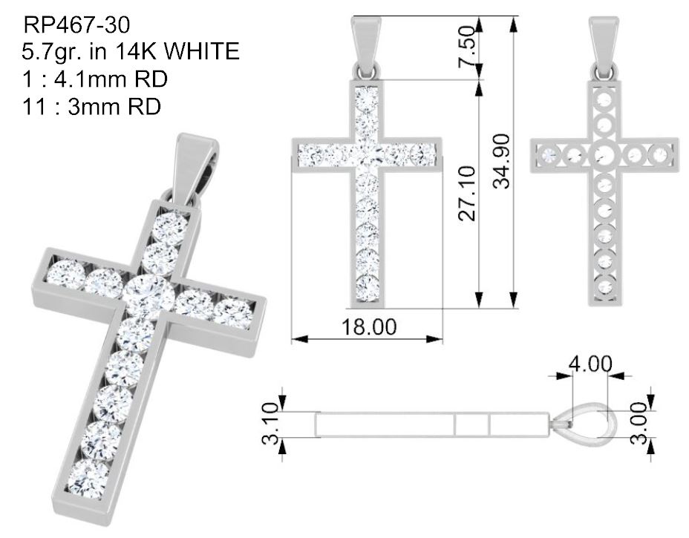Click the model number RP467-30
[x=76, y=24]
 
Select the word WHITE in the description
[x=202, y=51]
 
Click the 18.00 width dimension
[x=369, y=327]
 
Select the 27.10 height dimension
[x=467, y=193]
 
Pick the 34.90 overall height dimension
[x=501, y=161]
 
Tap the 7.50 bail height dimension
[x=467, y=47]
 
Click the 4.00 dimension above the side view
[x=590, y=364]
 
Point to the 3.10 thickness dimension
[x=271, y=423]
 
